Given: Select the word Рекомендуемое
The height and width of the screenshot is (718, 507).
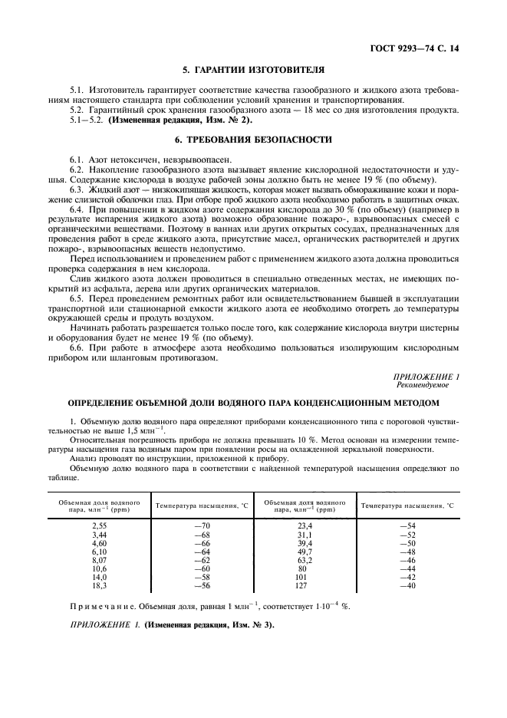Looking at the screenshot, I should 421,385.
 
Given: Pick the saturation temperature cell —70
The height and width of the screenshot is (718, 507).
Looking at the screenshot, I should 202,524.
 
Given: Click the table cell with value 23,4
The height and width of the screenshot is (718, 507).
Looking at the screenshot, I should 305,524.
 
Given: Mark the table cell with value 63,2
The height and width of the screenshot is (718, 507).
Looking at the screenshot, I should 305,561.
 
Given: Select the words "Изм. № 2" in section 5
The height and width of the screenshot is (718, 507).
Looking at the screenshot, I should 228,120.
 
